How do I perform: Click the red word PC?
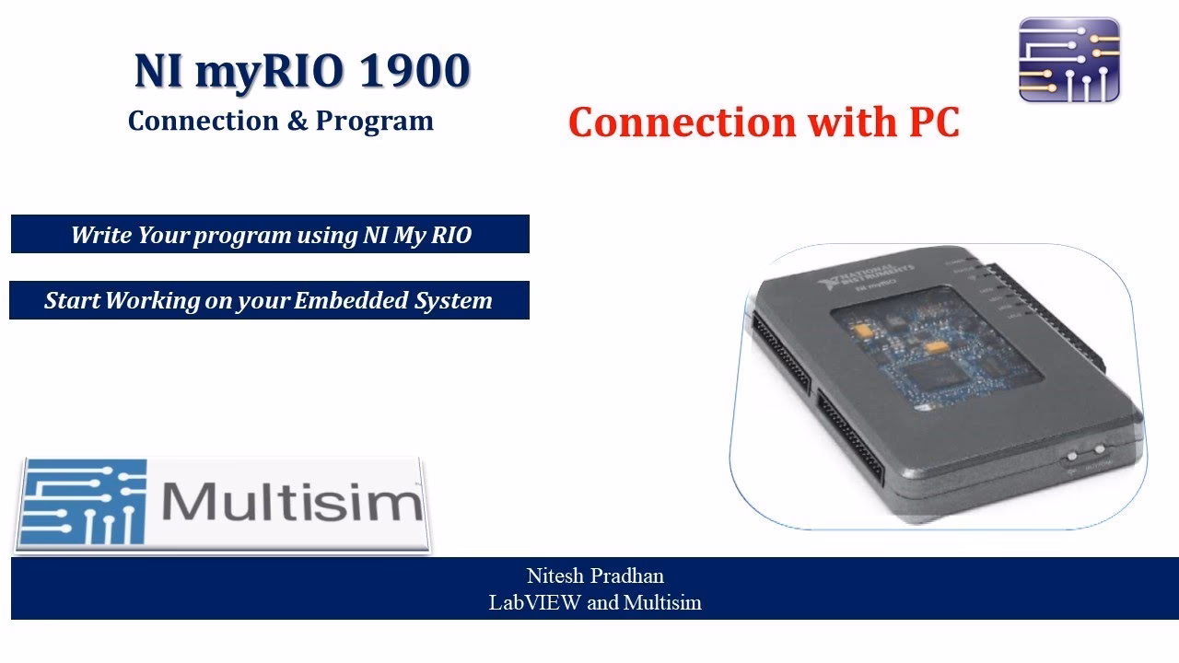click(x=925, y=122)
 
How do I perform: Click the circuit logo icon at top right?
click(x=1068, y=60)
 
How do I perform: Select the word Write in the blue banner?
click(x=101, y=235)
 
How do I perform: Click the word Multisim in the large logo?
click(x=292, y=503)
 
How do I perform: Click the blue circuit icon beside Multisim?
click(x=85, y=503)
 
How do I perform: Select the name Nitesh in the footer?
click(x=557, y=576)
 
